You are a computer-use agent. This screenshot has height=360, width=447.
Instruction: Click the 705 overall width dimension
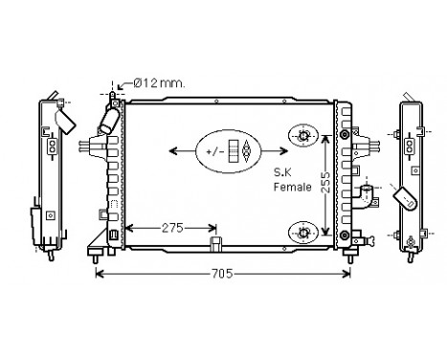tap(222, 274)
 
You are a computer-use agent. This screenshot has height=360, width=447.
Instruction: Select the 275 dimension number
tap(172, 228)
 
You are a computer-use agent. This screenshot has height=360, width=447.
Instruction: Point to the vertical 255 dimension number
tap(325, 182)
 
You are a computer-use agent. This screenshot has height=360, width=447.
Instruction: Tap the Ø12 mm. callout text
tap(159, 83)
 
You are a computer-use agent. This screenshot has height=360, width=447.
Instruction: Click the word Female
tap(293, 187)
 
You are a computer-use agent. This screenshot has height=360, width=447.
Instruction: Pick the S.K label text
tap(282, 172)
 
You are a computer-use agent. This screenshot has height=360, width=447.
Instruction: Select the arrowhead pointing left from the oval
tap(173, 151)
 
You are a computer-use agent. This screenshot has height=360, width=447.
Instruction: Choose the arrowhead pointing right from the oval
tap(283, 151)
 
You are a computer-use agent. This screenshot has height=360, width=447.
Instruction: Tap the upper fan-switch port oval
tap(303, 136)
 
